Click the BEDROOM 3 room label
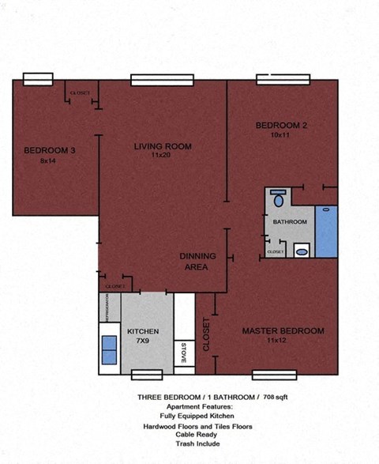pyautogui.click(x=50, y=150)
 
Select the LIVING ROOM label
pyautogui.click(x=163, y=146)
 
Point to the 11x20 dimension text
pyautogui.click(x=162, y=156)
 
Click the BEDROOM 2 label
pyautogui.click(x=281, y=126)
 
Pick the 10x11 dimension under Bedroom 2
pyautogui.click(x=281, y=135)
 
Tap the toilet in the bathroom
pyautogui.click(x=278, y=198)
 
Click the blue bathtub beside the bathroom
pyautogui.click(x=326, y=231)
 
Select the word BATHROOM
pyautogui.click(x=290, y=222)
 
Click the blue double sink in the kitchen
pyautogui.click(x=109, y=348)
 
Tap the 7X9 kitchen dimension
pyautogui.click(x=143, y=341)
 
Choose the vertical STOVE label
pyautogui.click(x=183, y=353)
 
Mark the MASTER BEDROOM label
pyautogui.click(x=283, y=330)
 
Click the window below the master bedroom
pyautogui.click(x=274, y=375)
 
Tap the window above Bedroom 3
pyautogui.click(x=43, y=78)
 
